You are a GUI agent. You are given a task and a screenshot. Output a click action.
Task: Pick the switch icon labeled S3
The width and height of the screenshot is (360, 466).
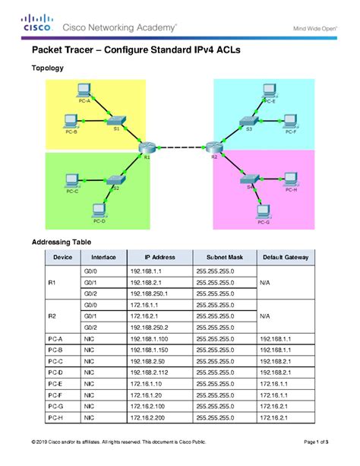pyautogui.click(x=245, y=121)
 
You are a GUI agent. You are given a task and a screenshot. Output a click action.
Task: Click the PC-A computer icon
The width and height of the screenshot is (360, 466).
pyautogui.click(x=85, y=90)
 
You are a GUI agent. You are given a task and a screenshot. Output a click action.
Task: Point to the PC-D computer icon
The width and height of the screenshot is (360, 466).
pyautogui.click(x=99, y=209)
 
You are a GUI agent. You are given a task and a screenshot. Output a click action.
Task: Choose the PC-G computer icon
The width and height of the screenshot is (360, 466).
pyautogui.click(x=263, y=211)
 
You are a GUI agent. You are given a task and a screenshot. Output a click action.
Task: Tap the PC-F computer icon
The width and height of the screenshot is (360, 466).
pyautogui.click(x=289, y=120)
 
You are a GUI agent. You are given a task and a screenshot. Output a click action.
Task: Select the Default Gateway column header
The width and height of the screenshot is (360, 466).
pyautogui.click(x=286, y=258)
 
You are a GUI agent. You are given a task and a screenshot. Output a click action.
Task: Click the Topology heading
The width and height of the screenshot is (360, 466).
pyautogui.click(x=47, y=68)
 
